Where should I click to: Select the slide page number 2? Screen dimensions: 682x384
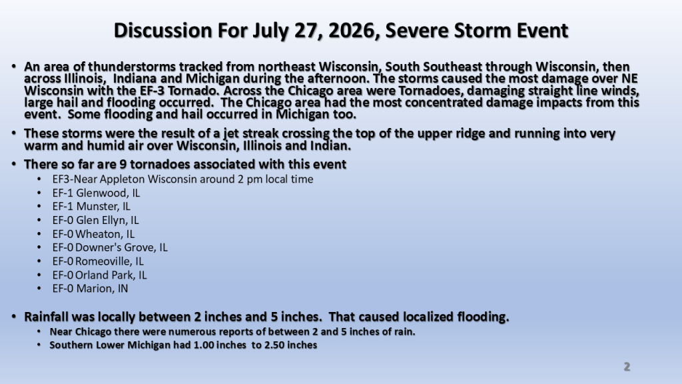click(x=627, y=367)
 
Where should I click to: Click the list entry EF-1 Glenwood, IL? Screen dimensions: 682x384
click(x=96, y=193)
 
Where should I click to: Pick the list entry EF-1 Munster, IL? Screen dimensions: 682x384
click(x=91, y=207)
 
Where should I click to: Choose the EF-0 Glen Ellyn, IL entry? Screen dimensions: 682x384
click(x=96, y=220)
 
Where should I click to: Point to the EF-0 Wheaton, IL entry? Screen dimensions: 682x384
click(x=93, y=234)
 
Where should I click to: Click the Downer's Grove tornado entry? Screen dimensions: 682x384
click(x=110, y=247)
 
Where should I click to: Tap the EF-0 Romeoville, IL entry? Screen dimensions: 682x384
click(x=98, y=261)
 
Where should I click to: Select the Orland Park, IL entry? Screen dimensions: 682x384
click(x=100, y=275)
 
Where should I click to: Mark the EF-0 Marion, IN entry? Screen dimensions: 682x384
click(x=90, y=289)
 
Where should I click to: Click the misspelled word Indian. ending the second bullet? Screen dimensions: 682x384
click(x=330, y=145)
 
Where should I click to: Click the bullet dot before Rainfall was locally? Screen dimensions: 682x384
click(x=15, y=317)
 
